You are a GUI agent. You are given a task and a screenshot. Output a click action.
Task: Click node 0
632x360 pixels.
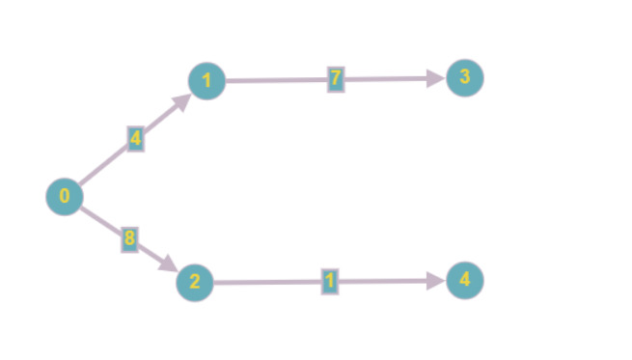tap(65, 197)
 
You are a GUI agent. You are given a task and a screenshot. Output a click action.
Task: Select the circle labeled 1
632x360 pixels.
tap(207, 81)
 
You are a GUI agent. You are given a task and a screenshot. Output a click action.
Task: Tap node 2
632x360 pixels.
tap(195, 283)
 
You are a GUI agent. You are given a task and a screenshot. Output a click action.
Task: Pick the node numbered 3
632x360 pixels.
tap(465, 78)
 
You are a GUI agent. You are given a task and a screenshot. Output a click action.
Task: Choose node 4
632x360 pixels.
tap(465, 281)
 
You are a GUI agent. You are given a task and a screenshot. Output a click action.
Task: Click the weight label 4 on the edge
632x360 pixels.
tap(136, 139)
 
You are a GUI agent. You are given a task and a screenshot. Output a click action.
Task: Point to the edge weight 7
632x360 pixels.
tap(336, 79)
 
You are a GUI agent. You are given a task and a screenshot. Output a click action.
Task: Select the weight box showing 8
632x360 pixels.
tap(129, 237)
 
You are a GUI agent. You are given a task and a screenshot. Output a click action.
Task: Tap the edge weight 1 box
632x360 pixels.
tap(330, 282)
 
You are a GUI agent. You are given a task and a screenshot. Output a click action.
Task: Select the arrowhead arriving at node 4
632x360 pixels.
tap(436, 281)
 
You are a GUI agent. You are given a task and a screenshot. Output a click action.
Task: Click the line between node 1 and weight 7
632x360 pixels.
tap(275, 80)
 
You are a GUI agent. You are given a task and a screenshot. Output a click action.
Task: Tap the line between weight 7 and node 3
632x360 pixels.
tap(386, 79)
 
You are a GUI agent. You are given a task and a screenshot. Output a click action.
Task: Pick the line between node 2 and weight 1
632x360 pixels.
tap(265, 283)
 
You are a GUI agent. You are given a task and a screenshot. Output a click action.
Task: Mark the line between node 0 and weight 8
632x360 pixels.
tap(99, 218)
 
